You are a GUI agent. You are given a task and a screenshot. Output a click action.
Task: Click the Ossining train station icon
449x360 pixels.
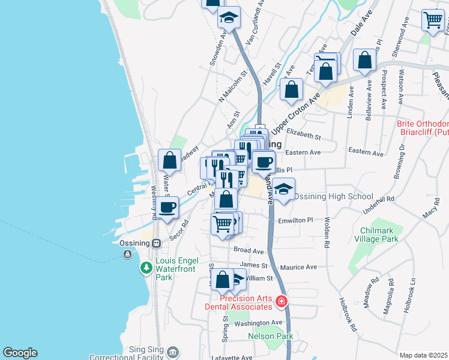156,243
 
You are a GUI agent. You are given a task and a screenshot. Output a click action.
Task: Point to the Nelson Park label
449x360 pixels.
270,336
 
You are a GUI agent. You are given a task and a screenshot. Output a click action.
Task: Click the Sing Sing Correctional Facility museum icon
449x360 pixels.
173,352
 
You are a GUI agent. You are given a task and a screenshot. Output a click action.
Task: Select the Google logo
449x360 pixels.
20,353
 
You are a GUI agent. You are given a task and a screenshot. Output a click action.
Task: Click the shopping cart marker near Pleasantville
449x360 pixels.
432,20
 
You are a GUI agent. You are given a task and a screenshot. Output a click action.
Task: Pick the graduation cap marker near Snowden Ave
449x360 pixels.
228,18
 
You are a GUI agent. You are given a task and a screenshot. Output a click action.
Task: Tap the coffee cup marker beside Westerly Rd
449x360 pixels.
167,208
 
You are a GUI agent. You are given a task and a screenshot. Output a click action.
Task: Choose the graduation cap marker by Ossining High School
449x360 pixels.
284,190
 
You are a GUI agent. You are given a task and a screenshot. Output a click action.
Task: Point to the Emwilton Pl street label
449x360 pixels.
296,221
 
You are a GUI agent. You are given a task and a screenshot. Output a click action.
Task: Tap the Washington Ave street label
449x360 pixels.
258,323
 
